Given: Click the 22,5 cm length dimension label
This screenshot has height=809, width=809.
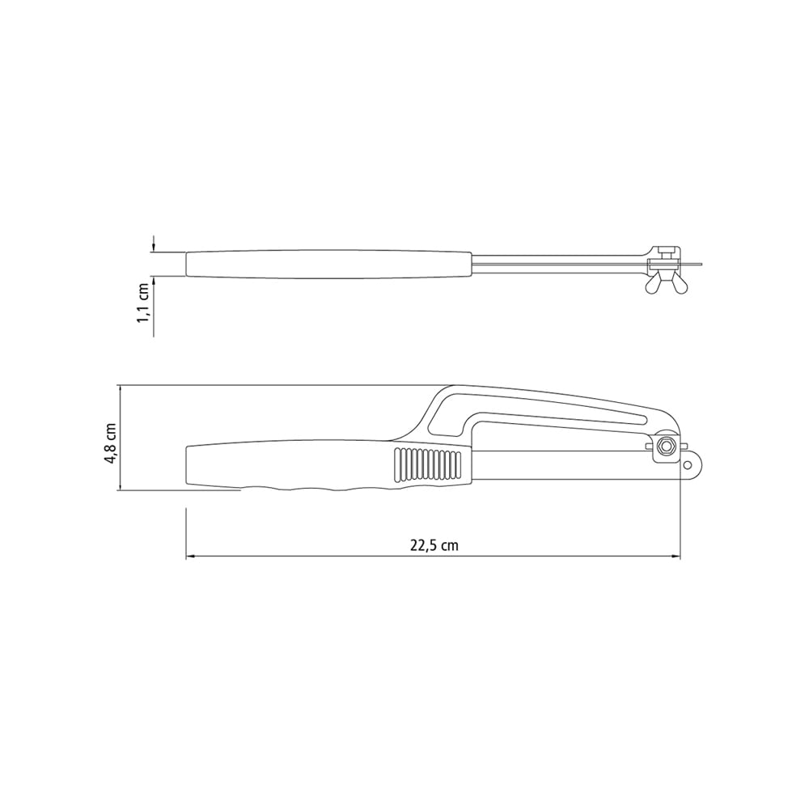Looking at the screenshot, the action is (x=434, y=544).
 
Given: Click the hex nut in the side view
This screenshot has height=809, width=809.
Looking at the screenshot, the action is (x=667, y=446).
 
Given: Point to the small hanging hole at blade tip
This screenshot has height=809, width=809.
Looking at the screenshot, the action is (x=687, y=465).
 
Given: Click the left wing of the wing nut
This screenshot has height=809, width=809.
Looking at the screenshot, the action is (x=652, y=284).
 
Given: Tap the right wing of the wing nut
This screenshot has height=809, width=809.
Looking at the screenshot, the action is (x=678, y=284).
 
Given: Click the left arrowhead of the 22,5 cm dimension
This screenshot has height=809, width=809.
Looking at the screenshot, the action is (x=190, y=557).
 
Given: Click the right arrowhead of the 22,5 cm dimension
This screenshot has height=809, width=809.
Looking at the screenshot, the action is (x=676, y=557).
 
